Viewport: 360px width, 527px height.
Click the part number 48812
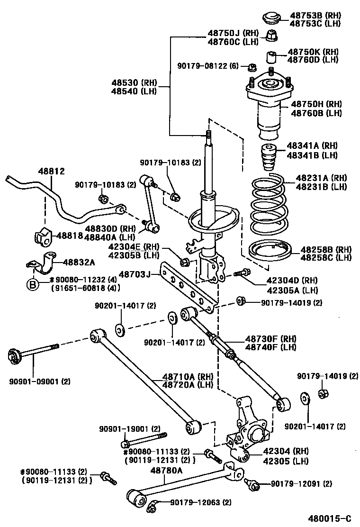click(52, 171)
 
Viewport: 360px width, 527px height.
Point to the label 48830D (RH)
click(109, 229)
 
